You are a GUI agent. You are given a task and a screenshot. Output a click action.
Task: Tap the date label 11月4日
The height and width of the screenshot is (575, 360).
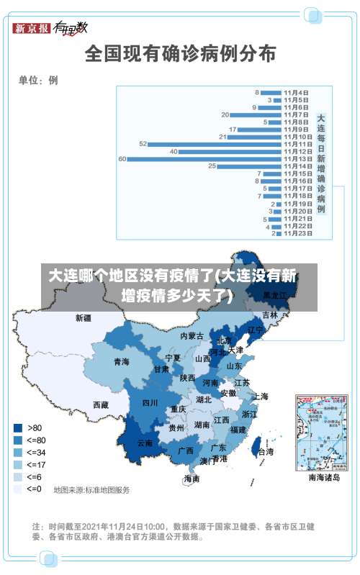296,92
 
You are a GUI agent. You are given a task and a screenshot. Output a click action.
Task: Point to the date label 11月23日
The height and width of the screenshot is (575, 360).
297,233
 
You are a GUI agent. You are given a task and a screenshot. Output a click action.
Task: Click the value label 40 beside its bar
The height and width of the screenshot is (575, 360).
174,151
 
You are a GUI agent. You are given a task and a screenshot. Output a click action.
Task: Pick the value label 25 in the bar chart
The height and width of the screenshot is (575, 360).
212,166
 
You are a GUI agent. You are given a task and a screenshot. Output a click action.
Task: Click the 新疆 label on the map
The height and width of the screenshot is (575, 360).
84,317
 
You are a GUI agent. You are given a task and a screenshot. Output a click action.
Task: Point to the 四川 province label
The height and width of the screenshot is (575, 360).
150,403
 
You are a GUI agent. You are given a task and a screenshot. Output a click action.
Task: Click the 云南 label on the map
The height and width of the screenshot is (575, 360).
145,443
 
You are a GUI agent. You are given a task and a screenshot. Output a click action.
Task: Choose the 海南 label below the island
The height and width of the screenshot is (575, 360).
191,479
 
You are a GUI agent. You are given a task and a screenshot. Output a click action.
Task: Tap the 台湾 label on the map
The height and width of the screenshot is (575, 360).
265,452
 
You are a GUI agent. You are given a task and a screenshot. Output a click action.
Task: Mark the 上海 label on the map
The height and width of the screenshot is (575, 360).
261,396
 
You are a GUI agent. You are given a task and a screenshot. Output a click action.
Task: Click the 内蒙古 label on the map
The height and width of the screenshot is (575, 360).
192,336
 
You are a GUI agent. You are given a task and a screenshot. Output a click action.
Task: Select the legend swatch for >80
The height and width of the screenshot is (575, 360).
17,427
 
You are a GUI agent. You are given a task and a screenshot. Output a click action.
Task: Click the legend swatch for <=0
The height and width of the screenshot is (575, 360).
17,489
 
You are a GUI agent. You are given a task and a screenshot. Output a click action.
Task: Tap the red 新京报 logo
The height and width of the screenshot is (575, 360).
32,29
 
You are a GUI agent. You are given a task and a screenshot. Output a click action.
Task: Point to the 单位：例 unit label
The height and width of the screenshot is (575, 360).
38,80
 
